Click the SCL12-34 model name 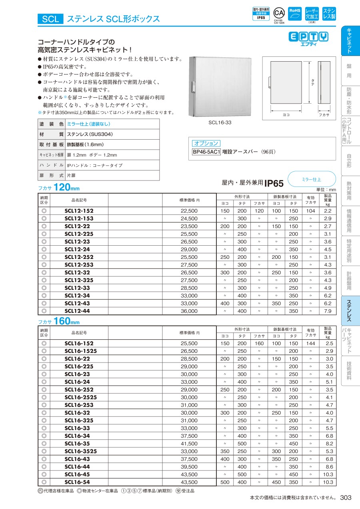pyautogui.click(x=77, y=296)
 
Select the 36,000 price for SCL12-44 pyautogui.click(x=189, y=311)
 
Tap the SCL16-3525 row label pyautogui.click(x=80, y=451)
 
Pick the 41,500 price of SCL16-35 pyautogui.click(x=189, y=444)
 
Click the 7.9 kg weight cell pyautogui.click(x=328, y=311)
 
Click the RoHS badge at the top pyautogui.click(x=295, y=14)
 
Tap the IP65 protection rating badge pyautogui.click(x=261, y=14)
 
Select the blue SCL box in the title pyautogui.click(x=50, y=19)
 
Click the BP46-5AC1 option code pyautogui.click(x=206, y=152)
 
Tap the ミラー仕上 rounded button pyautogui.click(x=311, y=180)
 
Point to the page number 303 pyautogui.click(x=346, y=497)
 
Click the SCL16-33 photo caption pyautogui.click(x=220, y=122)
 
